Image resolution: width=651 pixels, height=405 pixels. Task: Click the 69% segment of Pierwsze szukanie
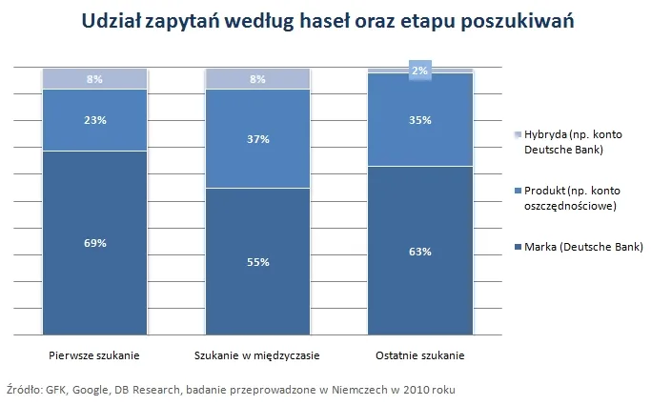(x=94, y=243)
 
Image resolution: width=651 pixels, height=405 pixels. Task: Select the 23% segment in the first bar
(x=94, y=120)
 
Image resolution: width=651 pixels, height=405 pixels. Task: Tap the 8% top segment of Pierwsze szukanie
(x=94, y=79)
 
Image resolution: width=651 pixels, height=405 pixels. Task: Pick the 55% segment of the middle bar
(x=257, y=261)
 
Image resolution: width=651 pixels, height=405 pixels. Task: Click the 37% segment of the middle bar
(x=257, y=139)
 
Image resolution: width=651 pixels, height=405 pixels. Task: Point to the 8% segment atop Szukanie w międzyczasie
(x=257, y=79)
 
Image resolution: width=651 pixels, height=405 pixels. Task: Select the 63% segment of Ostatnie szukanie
(x=420, y=252)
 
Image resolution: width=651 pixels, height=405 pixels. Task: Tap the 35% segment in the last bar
(x=420, y=120)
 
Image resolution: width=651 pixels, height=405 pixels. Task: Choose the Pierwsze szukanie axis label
(x=94, y=355)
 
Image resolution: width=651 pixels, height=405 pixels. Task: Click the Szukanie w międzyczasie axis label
(x=257, y=355)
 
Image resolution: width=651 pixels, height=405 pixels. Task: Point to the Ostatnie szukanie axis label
(x=420, y=355)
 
